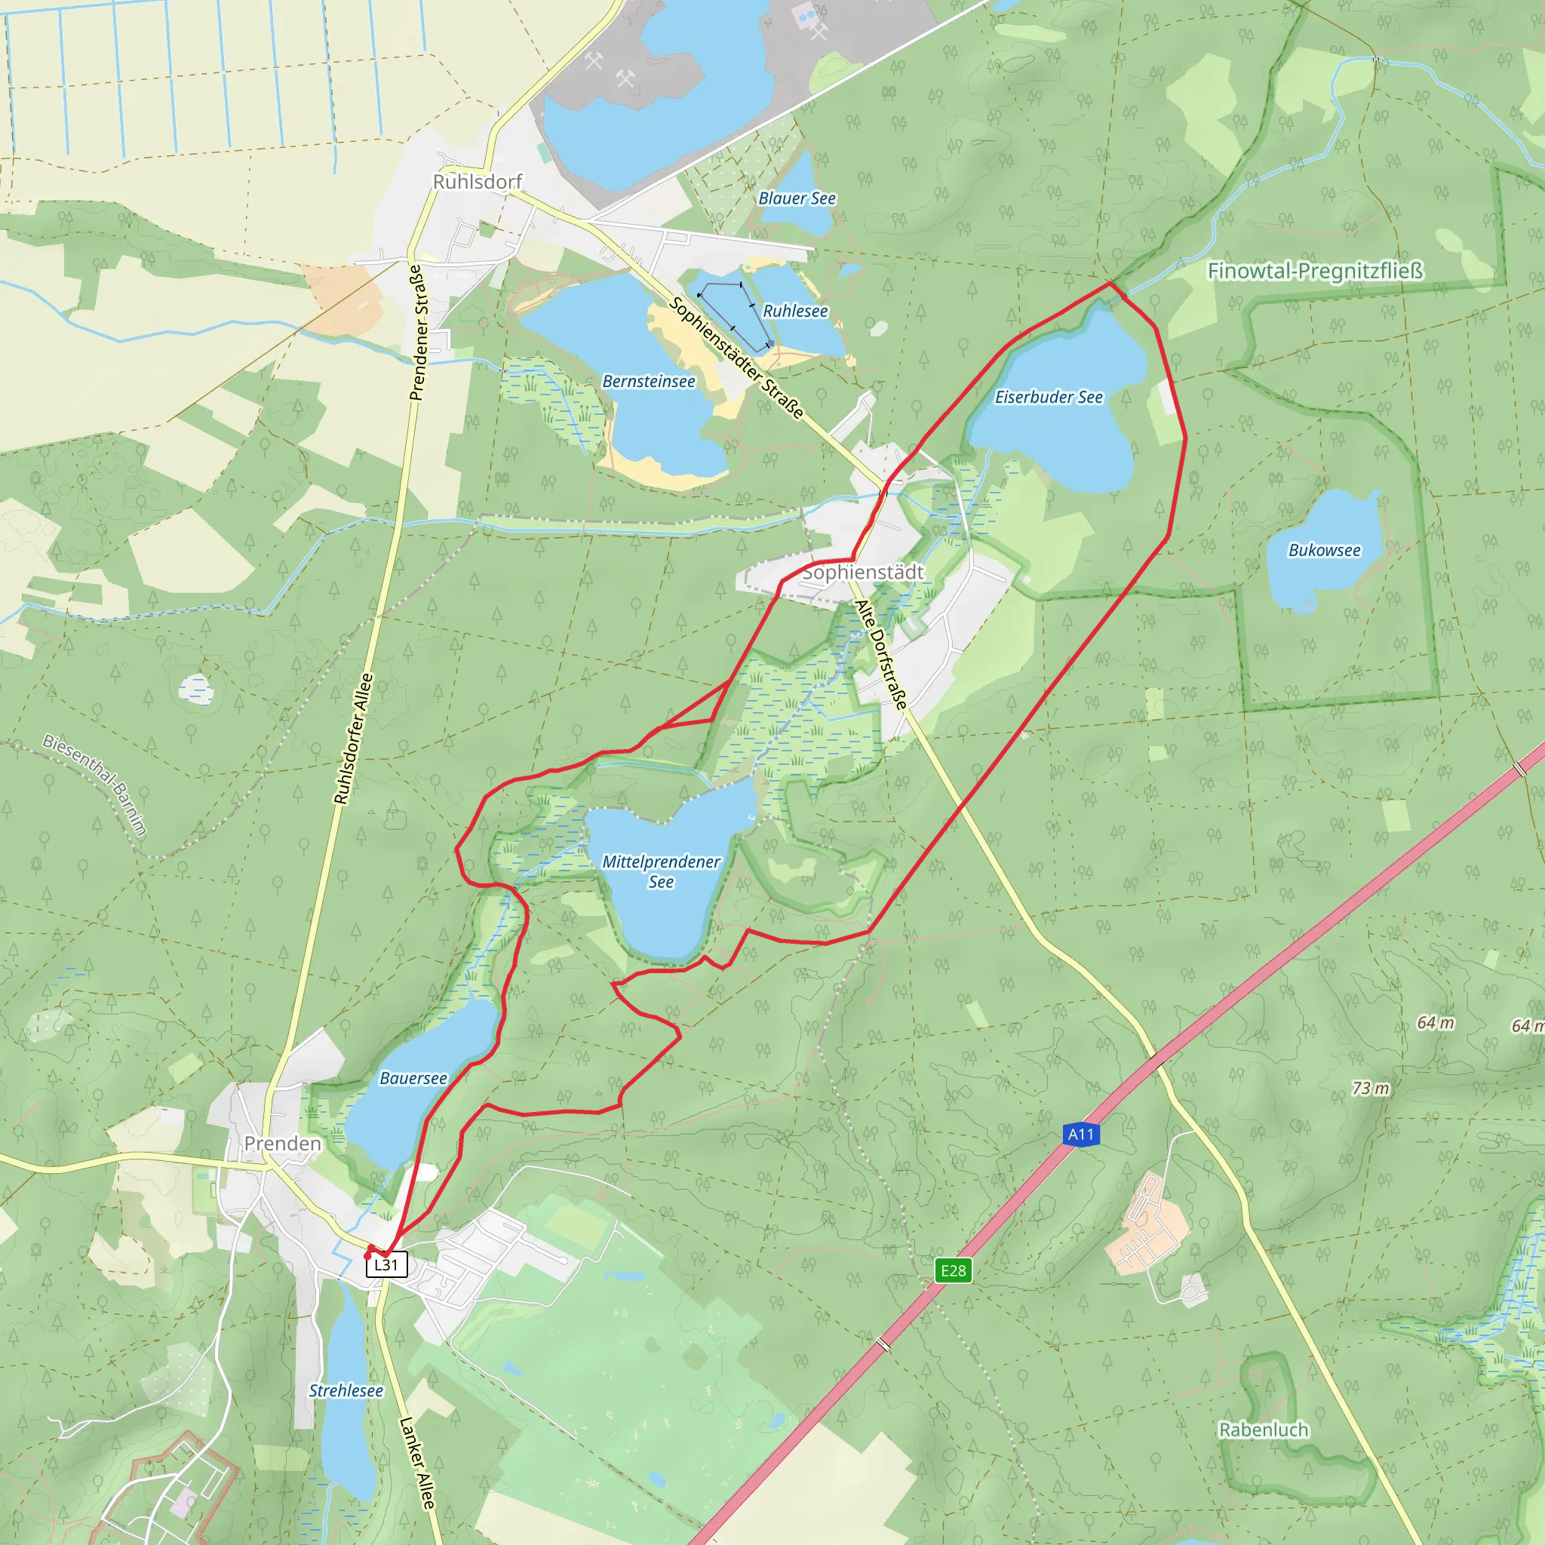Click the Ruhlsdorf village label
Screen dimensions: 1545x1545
(478, 183)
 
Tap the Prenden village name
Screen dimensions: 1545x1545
(282, 1144)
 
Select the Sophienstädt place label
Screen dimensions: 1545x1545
(863, 573)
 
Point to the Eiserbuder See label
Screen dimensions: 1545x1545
(1049, 398)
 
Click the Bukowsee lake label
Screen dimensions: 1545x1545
(1324, 550)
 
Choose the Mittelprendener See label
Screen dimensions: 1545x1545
(661, 871)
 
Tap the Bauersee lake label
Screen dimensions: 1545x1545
(413, 1078)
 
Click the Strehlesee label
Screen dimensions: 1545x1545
(346, 1390)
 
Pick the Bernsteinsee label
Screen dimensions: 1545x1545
(649, 382)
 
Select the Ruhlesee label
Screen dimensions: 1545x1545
(795, 311)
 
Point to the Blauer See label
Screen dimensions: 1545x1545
(797, 198)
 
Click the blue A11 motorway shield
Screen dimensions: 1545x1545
(1081, 1134)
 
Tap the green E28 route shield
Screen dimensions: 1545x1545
(954, 1270)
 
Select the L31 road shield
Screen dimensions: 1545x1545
(386, 1264)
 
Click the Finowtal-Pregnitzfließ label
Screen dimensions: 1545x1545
(1316, 271)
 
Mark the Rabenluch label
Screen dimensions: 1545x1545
(1264, 1429)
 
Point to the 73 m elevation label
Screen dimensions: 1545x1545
(1371, 1089)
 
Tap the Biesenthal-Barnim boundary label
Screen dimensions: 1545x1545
(95, 785)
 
